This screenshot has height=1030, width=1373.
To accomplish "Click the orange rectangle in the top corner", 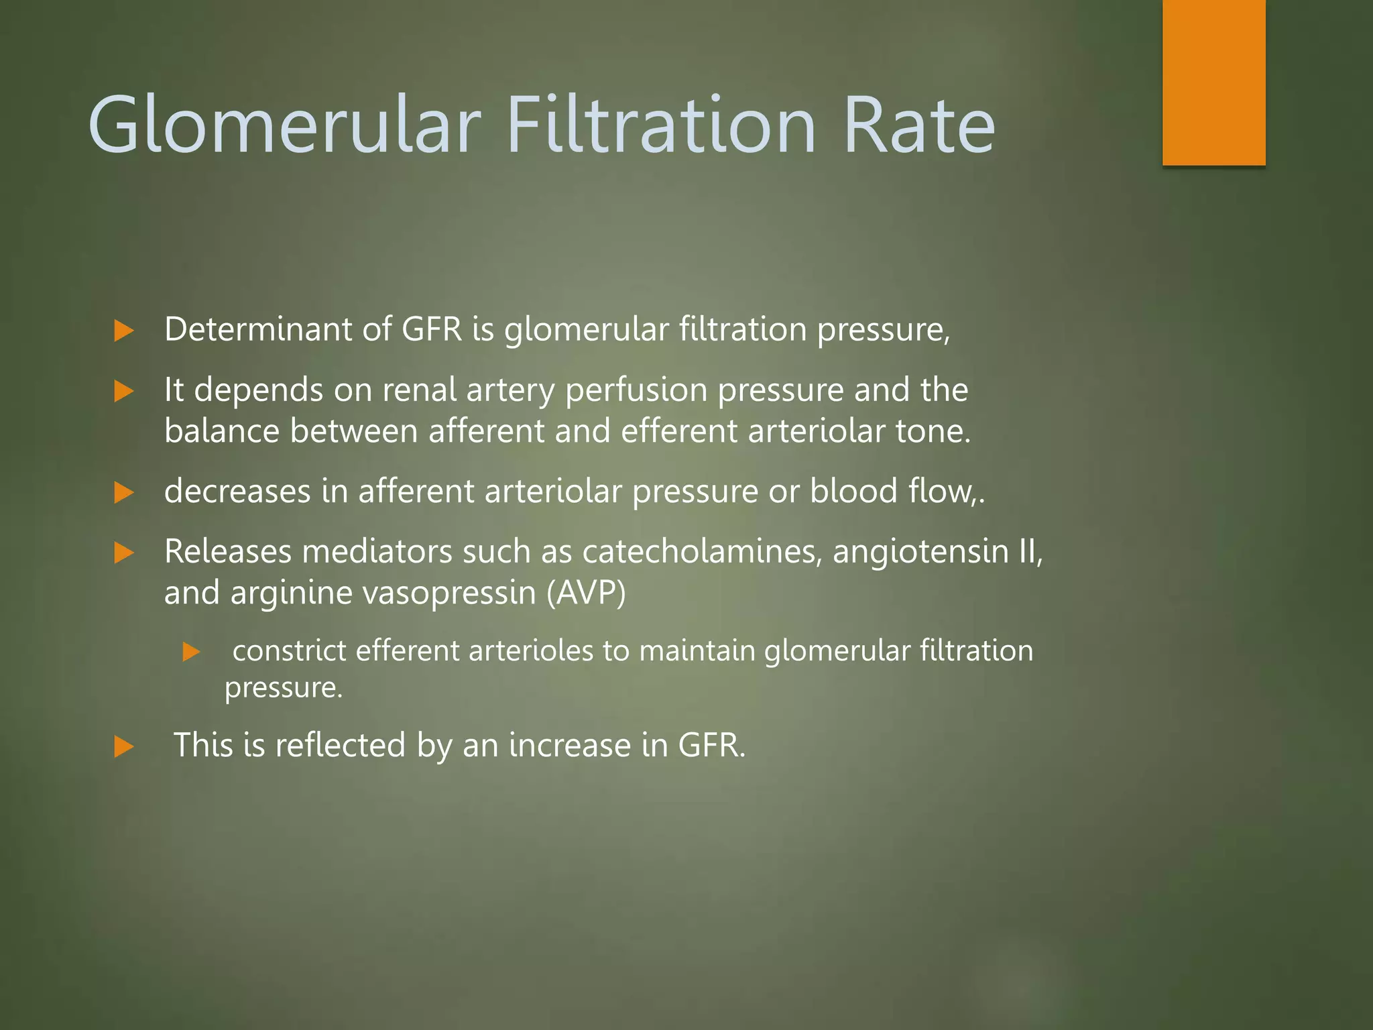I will (x=1213, y=82).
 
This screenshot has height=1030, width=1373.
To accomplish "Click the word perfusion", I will (x=636, y=391).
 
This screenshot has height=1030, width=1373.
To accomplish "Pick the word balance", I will (x=222, y=431).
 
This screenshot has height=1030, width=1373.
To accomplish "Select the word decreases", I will (x=237, y=491).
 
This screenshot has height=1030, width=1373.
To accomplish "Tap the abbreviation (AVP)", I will (x=586, y=593).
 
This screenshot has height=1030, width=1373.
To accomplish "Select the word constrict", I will (x=289, y=651).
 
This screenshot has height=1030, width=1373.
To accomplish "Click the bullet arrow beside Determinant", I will (x=124, y=331).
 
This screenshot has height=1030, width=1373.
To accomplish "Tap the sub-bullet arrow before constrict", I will (x=191, y=652).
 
